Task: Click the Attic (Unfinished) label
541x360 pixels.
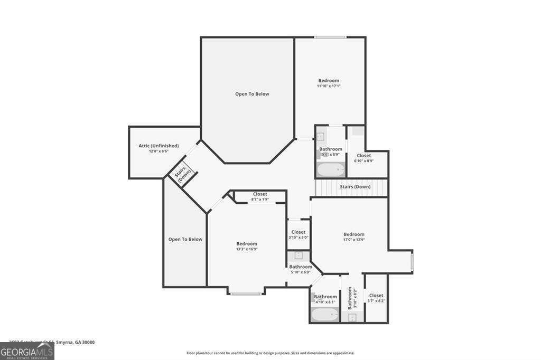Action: point(158,146)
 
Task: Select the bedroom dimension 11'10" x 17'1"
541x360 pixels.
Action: point(329,86)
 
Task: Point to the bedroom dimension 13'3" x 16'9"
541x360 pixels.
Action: point(247,249)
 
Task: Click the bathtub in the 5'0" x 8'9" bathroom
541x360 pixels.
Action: point(330,170)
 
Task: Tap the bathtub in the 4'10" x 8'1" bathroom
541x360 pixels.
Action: point(324,315)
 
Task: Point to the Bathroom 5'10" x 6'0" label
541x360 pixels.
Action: point(301,267)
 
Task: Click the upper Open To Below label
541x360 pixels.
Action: point(252,94)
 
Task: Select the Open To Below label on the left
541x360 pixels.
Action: point(185,239)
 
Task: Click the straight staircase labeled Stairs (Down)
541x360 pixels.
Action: point(351,187)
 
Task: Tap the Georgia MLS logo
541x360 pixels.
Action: point(27,352)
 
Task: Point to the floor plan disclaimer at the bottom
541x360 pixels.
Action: point(270,353)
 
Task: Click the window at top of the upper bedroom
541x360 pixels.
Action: point(330,37)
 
